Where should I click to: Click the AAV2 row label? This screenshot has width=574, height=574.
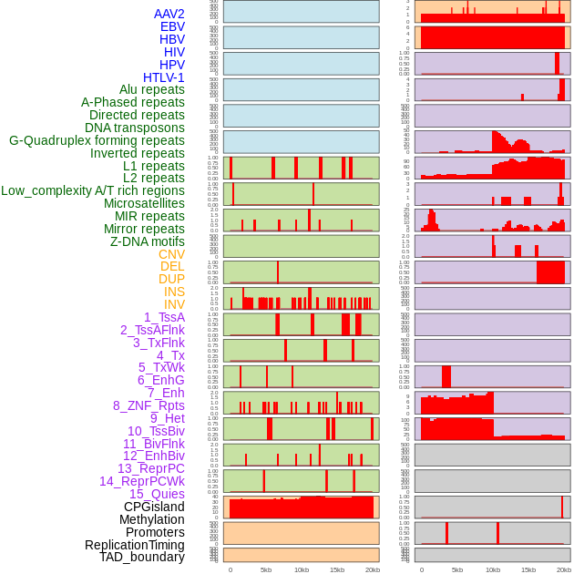point(169,14)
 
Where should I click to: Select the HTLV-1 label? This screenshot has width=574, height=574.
point(164,77)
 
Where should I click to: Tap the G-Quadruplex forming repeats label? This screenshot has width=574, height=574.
point(97,140)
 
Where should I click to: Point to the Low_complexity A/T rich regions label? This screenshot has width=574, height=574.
point(93,190)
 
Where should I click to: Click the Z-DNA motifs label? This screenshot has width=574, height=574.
point(148,241)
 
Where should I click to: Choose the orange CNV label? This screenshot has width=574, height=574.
point(171,254)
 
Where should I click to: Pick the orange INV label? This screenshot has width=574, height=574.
point(174,304)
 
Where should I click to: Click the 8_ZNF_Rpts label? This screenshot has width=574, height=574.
point(149,405)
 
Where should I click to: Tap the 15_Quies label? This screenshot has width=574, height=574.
point(157,494)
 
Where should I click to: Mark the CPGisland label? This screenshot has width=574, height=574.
point(154,507)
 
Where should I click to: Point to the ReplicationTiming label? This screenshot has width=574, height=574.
point(134,545)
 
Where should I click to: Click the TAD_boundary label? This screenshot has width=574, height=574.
point(142,557)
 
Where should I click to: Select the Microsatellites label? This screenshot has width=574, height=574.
point(144,203)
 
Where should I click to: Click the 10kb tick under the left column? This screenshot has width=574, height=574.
point(302,569)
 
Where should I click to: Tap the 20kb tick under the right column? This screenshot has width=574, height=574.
point(564,569)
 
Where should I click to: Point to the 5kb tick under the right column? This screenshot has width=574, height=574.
point(457,569)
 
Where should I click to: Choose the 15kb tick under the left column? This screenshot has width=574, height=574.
point(337,569)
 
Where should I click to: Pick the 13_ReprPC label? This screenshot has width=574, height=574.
point(150,468)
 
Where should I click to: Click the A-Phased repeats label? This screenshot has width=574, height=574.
point(133,102)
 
